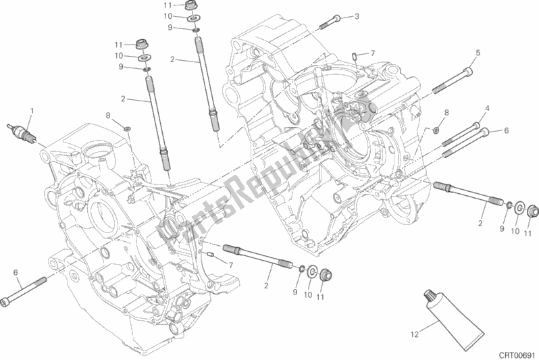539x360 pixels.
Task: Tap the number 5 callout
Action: click(x=478, y=53)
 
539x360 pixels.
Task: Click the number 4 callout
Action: click(x=486, y=108)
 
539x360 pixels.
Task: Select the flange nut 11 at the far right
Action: click(x=532, y=213)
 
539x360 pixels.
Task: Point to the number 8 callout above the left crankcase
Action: click(x=107, y=115)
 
